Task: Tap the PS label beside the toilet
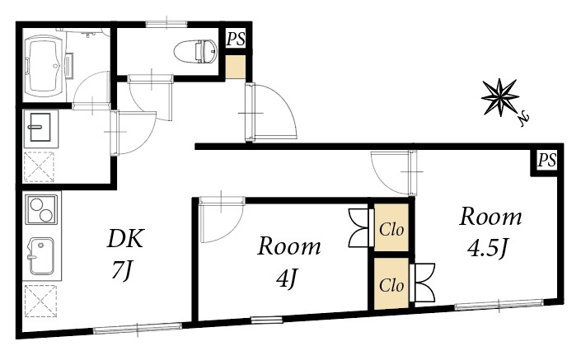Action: [236, 37]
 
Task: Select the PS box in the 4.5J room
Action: [546, 161]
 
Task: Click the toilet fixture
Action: [193, 50]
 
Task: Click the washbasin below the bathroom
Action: [40, 128]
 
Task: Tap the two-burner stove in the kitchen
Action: [40, 208]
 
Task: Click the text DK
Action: [127, 239]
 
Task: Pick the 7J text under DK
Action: [122, 269]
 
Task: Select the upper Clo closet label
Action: [391, 230]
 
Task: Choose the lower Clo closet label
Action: [391, 285]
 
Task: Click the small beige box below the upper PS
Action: [236, 67]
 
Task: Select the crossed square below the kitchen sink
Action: [40, 300]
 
